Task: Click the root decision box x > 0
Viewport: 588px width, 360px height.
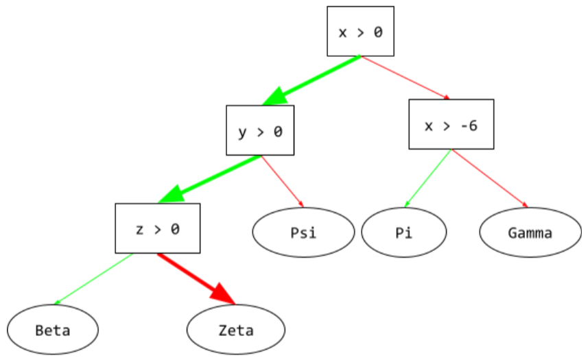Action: coord(360,32)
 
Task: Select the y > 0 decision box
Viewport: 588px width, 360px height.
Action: coord(260,130)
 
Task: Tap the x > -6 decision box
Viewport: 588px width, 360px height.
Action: coord(451,125)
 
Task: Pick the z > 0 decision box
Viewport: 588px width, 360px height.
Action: coord(158,229)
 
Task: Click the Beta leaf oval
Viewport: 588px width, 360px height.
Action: coord(53,330)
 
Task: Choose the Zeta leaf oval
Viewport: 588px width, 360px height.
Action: coord(236,330)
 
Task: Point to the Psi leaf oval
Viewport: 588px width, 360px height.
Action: coord(303,232)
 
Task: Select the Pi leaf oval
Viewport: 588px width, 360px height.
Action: coord(403,232)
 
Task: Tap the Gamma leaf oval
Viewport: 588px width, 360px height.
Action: coord(530,232)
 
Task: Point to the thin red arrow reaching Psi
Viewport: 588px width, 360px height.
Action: coord(282,182)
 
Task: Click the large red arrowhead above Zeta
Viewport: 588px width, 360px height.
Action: coord(223,294)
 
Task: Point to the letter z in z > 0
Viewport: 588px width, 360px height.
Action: coord(139,229)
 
